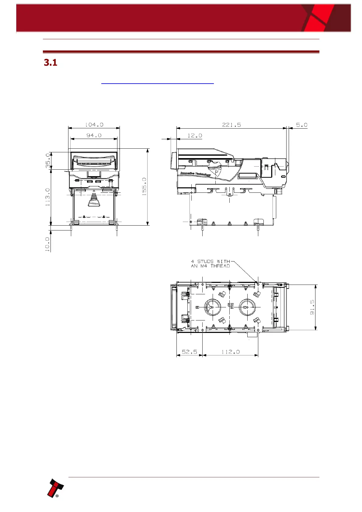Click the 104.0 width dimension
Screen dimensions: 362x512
click(94, 125)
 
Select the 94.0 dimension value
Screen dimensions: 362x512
click(94, 136)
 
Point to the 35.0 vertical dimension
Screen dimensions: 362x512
click(48, 161)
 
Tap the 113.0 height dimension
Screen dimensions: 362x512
click(47, 197)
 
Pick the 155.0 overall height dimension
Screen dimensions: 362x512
click(144, 186)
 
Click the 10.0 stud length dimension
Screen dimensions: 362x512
click(47, 244)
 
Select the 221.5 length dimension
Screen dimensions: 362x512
click(231, 125)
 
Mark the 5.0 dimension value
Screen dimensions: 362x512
click(302, 125)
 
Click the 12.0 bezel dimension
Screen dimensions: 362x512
click(195, 136)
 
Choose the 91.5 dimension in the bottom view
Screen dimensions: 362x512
click(312, 307)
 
